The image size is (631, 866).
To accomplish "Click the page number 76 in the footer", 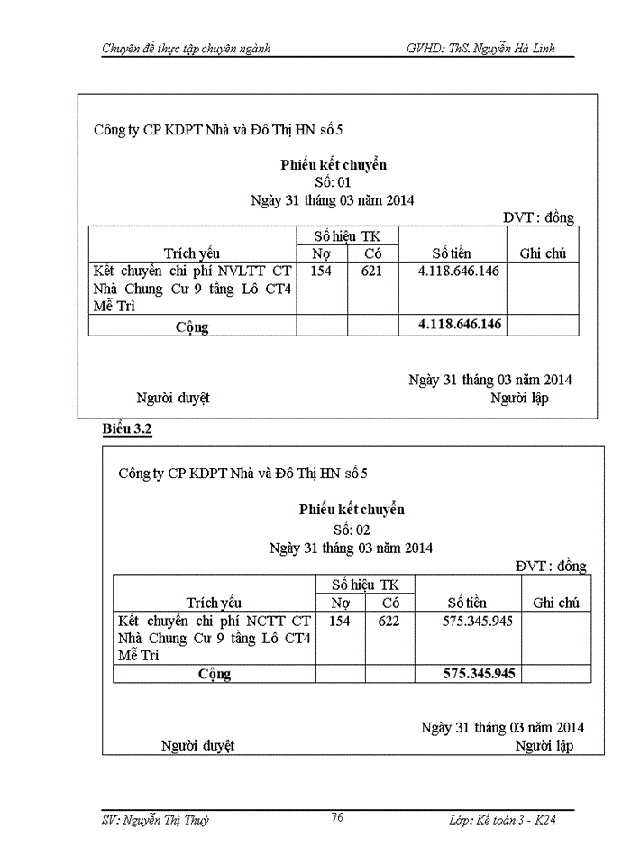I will tap(336, 817).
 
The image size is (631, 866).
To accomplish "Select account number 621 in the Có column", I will tap(371, 271).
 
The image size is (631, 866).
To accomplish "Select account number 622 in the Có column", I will tap(389, 621).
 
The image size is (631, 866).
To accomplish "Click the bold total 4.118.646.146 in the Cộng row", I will tap(460, 324).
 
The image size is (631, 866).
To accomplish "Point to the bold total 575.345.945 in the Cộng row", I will tap(479, 673).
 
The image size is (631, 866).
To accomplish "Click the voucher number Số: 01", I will tap(333, 182).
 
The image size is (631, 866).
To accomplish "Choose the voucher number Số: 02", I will tap(352, 530).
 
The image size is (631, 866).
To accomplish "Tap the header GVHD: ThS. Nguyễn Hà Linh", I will tap(489, 47).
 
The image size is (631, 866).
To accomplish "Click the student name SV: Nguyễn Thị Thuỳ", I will tap(155, 820).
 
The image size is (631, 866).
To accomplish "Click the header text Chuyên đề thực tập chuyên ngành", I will tap(186, 47).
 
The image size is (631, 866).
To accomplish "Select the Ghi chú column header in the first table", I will tap(543, 253).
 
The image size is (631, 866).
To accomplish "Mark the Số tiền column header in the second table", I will tap(467, 603).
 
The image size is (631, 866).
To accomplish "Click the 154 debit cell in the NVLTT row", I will tap(322, 271).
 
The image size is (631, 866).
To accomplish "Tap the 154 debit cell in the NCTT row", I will tap(340, 621).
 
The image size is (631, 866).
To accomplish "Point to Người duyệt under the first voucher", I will tap(172, 398).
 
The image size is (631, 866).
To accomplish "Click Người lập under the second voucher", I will tap(544, 746).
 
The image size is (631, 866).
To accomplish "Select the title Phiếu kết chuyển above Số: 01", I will tap(333, 164).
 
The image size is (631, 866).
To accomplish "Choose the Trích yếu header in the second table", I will tap(214, 603).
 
